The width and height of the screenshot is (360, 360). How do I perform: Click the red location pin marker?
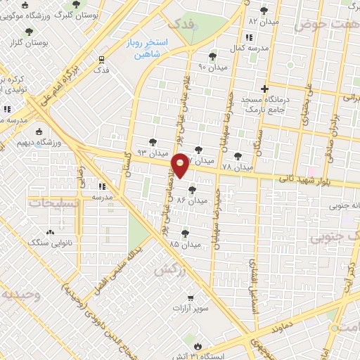point(181,165)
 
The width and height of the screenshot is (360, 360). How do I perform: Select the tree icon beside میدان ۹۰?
point(213,56)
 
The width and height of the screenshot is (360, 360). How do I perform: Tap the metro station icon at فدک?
point(102,60)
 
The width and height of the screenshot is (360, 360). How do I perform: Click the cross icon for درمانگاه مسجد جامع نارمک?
point(264,89)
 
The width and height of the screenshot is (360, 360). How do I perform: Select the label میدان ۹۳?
point(152,152)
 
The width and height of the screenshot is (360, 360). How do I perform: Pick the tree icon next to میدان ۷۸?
point(238,156)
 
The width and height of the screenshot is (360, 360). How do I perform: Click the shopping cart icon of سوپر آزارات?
point(190,299)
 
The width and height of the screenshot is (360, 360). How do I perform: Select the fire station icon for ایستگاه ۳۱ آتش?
point(198,346)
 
